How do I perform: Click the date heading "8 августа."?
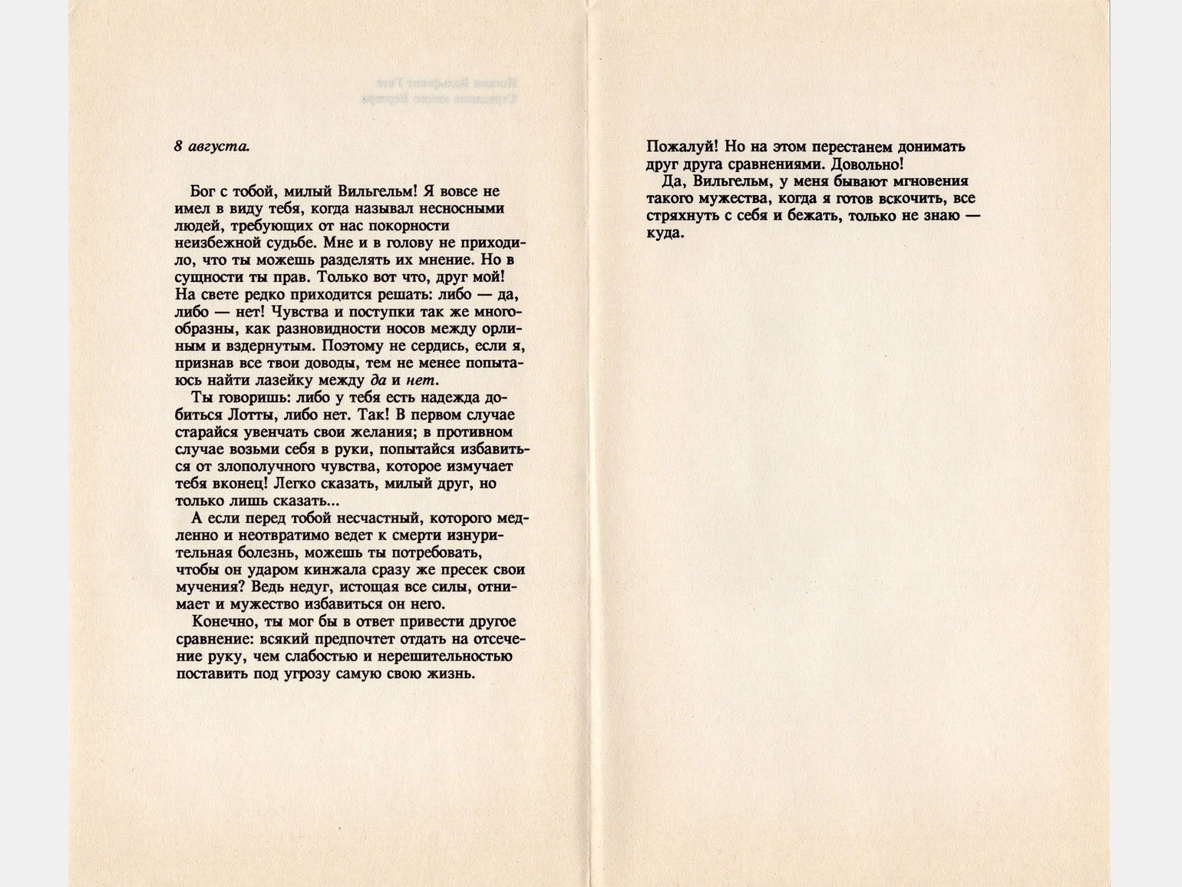click(x=212, y=146)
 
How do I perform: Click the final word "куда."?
click(x=665, y=233)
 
